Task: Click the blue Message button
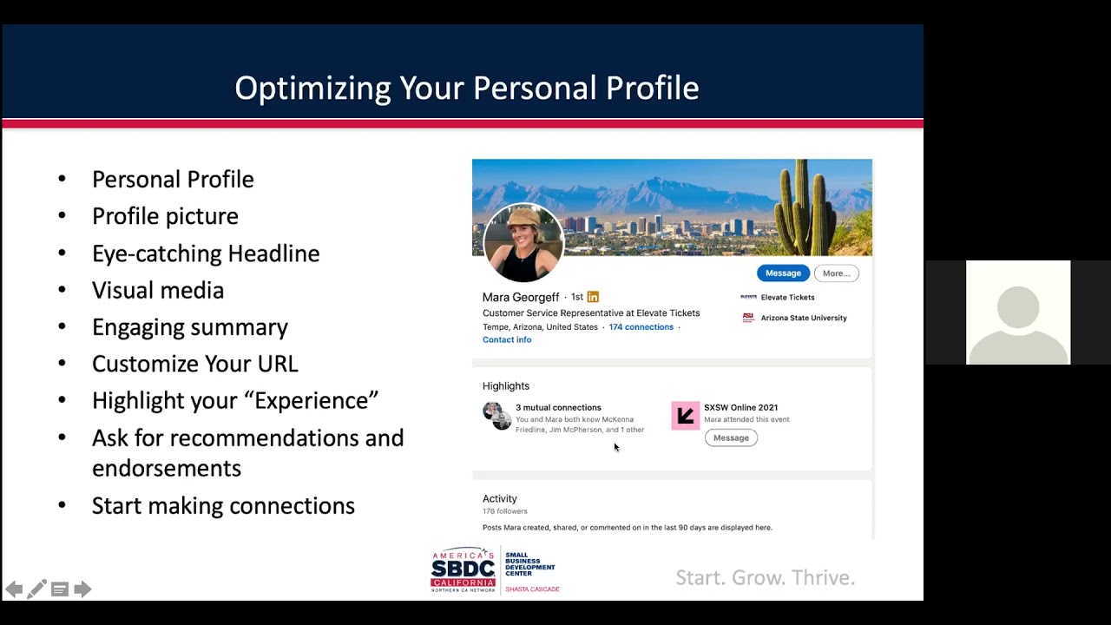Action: click(x=783, y=273)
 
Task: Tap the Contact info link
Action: click(x=506, y=339)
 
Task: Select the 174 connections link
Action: click(x=641, y=327)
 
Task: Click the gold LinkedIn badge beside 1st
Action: click(x=593, y=297)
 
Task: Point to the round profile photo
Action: click(x=523, y=243)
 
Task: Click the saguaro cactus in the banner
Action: click(x=804, y=208)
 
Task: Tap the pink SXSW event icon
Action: click(x=686, y=416)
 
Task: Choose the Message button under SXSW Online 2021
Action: click(x=731, y=438)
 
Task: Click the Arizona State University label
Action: click(x=804, y=318)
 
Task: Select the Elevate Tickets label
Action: click(x=787, y=297)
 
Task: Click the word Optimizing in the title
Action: click(x=312, y=89)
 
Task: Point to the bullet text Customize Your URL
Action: click(x=195, y=364)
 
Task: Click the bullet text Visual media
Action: click(x=158, y=290)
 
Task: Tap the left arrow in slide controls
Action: click(x=14, y=589)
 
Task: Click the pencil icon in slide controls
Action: click(x=36, y=589)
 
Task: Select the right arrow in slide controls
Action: click(x=82, y=589)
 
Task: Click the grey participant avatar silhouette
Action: click(x=1018, y=322)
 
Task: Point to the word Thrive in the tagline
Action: click(x=824, y=578)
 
